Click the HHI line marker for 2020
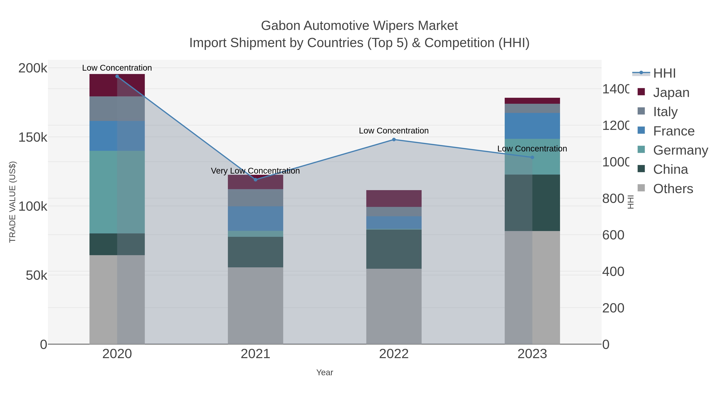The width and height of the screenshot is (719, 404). click(117, 76)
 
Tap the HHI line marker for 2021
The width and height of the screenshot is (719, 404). click(255, 180)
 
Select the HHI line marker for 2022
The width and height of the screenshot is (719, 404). click(394, 139)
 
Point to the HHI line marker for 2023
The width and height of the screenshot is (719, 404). click(532, 157)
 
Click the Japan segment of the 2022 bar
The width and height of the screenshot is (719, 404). click(394, 199)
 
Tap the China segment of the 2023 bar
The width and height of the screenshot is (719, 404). click(532, 203)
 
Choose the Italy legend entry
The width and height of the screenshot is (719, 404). click(665, 112)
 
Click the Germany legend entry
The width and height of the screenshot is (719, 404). click(680, 150)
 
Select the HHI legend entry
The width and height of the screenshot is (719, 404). click(664, 73)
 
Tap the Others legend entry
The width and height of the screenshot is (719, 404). click(673, 189)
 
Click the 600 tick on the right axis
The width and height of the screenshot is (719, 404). click(613, 235)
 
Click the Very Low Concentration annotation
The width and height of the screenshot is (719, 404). click(255, 171)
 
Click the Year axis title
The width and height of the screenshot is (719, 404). click(325, 372)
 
